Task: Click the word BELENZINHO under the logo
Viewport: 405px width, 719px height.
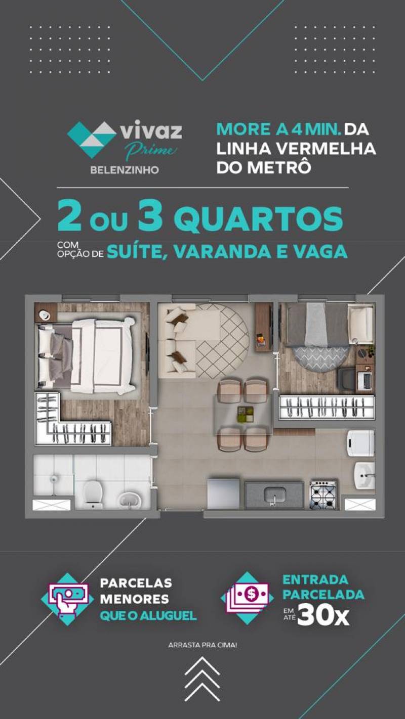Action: (125, 169)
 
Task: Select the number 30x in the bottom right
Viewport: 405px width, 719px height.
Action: (323, 616)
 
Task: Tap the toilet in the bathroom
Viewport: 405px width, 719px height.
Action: (93, 493)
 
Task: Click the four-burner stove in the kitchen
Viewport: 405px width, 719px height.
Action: (323, 495)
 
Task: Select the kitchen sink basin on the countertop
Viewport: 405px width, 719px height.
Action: (275, 495)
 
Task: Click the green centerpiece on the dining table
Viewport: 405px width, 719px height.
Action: (246, 414)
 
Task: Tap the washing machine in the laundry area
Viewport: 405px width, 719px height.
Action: (361, 443)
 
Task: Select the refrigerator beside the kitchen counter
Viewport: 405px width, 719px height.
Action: (224, 493)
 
